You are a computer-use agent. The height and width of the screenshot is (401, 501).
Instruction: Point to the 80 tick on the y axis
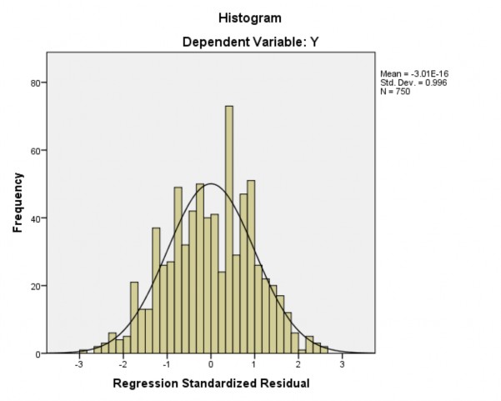tap(38, 83)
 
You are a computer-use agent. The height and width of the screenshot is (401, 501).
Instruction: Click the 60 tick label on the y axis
tap(38, 151)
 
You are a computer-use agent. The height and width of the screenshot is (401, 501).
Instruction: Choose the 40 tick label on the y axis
tap(38, 218)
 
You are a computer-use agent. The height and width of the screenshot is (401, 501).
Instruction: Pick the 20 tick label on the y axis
tap(38, 286)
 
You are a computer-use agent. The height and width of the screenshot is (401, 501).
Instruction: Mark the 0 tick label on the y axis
tap(40, 353)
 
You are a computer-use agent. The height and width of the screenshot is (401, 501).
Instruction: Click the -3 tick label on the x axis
tap(80, 364)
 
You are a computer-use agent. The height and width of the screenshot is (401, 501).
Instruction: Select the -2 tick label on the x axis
tap(123, 364)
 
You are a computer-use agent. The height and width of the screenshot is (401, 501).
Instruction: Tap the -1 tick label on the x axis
tap(167, 364)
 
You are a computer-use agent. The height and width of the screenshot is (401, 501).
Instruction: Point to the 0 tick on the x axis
tap(211, 364)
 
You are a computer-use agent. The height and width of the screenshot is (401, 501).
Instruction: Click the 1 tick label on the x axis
tap(254, 364)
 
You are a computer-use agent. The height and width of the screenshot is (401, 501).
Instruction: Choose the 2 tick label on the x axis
tap(298, 364)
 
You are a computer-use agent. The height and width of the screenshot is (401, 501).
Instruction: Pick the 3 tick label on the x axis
tap(341, 364)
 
